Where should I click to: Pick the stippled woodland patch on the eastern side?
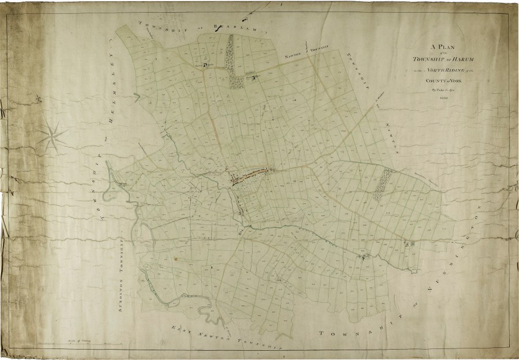tap(382, 183)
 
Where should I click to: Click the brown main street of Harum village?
tap(252, 174)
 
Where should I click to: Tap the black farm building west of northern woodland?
tap(205, 65)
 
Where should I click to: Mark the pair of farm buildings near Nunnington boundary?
tap(409, 245)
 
